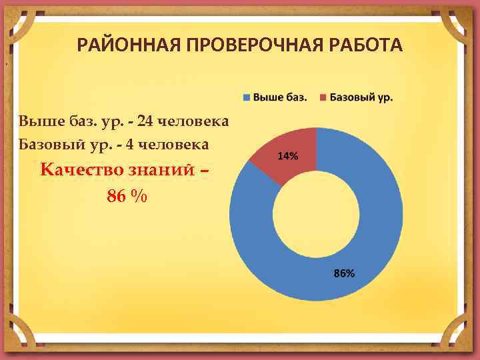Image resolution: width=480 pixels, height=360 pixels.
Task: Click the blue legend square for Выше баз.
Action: (247, 97)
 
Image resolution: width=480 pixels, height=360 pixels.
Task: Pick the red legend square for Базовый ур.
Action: (324, 97)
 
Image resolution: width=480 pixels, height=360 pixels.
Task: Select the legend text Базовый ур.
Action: (361, 97)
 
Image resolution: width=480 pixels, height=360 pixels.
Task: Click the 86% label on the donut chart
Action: (344, 273)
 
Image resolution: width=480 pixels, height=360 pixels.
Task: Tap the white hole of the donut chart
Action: (316, 213)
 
